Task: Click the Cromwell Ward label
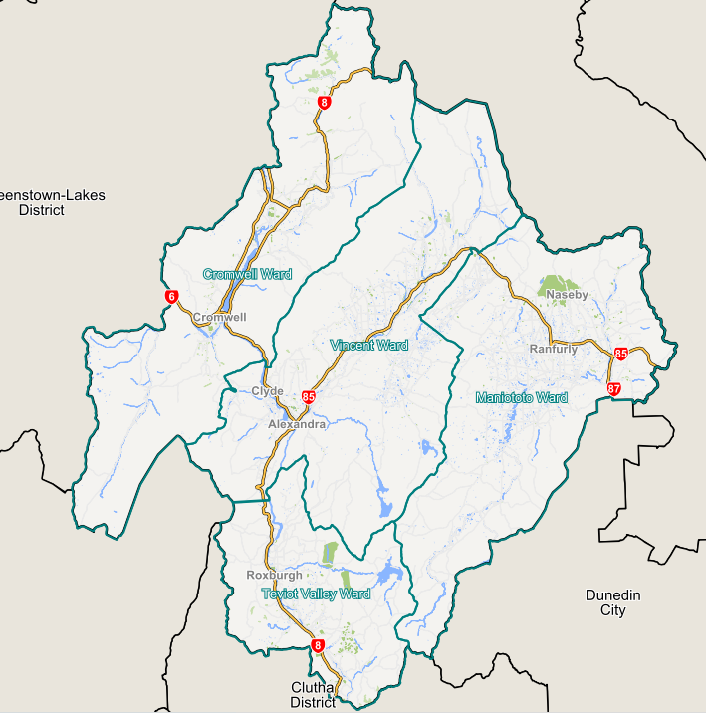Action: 247,274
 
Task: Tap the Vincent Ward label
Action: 368,346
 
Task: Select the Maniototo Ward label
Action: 521,398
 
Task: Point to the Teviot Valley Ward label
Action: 316,594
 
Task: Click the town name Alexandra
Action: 297,425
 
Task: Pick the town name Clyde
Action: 268,392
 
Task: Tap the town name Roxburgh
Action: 273,576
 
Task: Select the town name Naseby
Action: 568,295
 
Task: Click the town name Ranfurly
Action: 554,350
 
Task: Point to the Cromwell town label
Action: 219,318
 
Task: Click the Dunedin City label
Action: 612,602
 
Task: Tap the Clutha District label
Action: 314,695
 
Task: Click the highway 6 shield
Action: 172,297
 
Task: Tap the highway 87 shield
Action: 613,389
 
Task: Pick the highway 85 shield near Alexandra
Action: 308,397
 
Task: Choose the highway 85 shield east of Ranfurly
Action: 621,354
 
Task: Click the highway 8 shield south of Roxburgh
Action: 318,646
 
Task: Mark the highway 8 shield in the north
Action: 325,103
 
